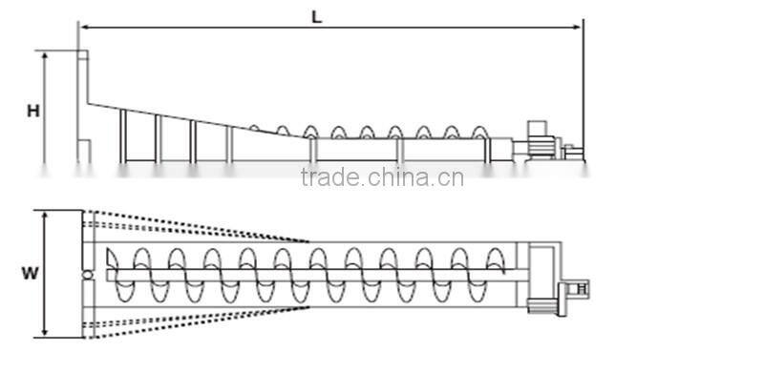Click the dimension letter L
(316, 15)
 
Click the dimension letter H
(32, 111)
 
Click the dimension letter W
(31, 274)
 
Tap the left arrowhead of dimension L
(82, 27)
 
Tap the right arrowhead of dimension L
(579, 27)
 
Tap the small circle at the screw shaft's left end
(88, 276)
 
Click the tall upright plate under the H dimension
(82, 105)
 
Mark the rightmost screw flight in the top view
(496, 276)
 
